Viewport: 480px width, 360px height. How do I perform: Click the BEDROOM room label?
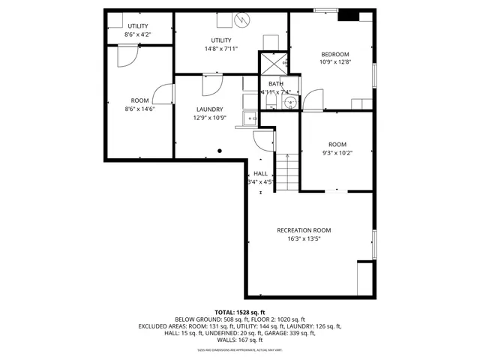coord(335,54)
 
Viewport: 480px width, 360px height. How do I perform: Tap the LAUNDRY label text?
coord(208,109)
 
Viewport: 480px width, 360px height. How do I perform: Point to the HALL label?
coord(260,173)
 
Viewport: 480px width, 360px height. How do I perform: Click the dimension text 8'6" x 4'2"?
coord(137,34)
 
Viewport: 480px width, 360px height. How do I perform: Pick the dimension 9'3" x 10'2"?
coord(337,152)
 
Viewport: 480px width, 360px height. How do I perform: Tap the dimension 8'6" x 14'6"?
coord(139,109)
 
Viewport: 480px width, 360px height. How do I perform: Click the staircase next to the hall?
coord(286,171)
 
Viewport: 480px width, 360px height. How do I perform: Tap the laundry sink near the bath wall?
coord(250,118)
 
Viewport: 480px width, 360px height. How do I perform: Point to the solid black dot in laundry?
coord(220,151)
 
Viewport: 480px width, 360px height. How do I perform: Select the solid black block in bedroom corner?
coord(349,15)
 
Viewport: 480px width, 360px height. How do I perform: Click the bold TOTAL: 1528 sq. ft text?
coord(240,312)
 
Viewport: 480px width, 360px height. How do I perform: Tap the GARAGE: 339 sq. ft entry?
coord(292,333)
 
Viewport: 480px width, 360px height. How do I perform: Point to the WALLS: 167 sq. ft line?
coord(240,340)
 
